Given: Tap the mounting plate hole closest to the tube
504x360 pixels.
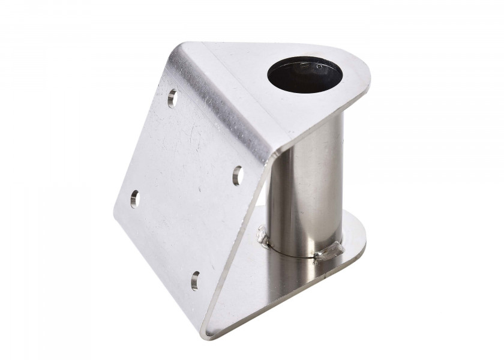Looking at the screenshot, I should [x=238, y=174].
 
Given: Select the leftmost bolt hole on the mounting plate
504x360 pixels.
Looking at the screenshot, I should [x=134, y=197].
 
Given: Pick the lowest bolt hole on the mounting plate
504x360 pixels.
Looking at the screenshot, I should [x=195, y=279].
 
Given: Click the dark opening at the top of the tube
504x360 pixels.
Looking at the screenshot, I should [x=304, y=75].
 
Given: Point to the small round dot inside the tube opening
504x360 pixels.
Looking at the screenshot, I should [x=319, y=65].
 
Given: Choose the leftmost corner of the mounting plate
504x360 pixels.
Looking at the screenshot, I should [x=115, y=210].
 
